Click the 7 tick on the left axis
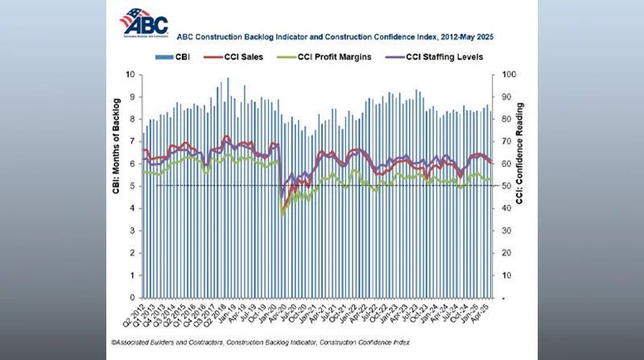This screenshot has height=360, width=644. pyautogui.click(x=132, y=141)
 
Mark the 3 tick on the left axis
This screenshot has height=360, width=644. pyautogui.click(x=132, y=230)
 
